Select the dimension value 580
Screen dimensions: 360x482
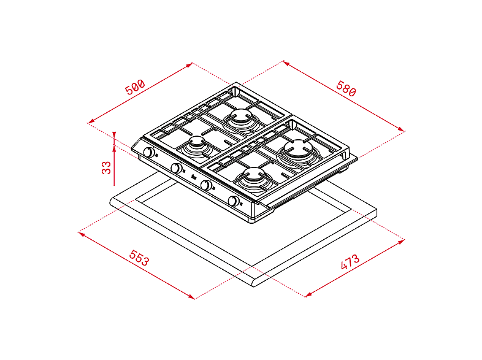[x=345, y=88]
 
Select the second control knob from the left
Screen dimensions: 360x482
[x=176, y=168]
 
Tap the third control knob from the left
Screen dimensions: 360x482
[x=207, y=185]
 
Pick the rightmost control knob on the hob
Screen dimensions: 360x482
[x=234, y=201]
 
